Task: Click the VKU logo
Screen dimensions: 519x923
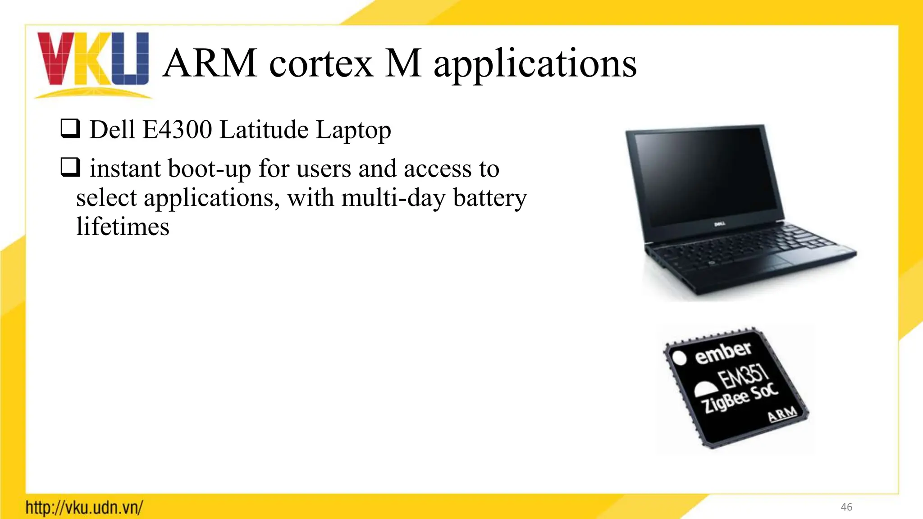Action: click(93, 63)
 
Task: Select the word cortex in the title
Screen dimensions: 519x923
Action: click(321, 64)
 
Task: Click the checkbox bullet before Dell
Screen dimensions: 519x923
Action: click(70, 128)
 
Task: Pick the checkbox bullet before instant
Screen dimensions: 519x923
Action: click(70, 167)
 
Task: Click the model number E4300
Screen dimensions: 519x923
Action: click(177, 130)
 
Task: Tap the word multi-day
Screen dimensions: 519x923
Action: click(393, 198)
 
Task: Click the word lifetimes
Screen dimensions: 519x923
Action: click(123, 227)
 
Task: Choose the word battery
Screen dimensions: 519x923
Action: click(490, 198)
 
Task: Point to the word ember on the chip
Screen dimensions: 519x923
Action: click(723, 352)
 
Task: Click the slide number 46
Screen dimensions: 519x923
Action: click(846, 507)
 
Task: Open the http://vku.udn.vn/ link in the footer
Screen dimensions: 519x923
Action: click(84, 507)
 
